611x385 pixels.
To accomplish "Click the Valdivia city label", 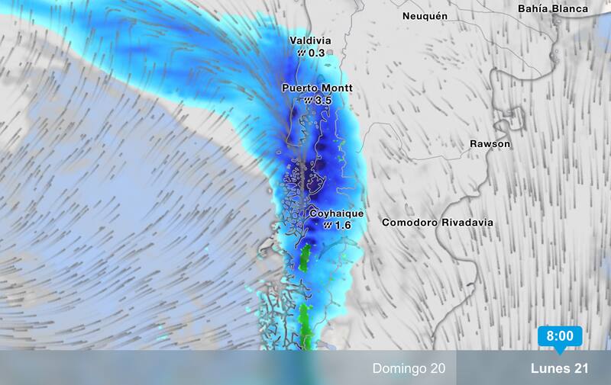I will (x=310, y=40).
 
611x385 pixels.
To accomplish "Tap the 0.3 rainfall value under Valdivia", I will (x=316, y=53).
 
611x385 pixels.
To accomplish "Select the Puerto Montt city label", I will (x=317, y=88).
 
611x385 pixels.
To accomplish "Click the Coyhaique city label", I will (x=336, y=214).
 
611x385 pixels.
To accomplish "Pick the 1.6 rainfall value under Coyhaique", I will (x=342, y=226).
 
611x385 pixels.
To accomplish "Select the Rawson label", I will (x=490, y=143).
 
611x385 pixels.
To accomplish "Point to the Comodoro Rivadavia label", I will (x=437, y=223).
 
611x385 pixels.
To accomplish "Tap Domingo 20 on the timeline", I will (x=409, y=369).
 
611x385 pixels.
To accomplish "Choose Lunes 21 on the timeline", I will (x=560, y=369).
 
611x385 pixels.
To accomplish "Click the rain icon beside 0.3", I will (x=301, y=53).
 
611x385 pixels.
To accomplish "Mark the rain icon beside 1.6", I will (x=327, y=226).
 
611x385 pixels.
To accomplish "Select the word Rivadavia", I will (x=466, y=223).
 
